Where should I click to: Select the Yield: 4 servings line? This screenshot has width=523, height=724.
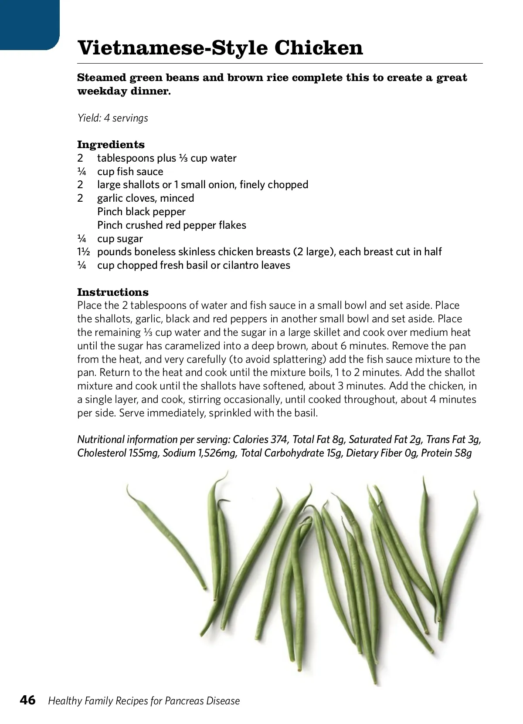pos(113,118)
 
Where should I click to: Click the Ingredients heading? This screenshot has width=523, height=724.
pos(111,145)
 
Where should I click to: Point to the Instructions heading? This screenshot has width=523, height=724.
pos(113,292)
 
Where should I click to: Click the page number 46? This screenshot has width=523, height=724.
pos(28,700)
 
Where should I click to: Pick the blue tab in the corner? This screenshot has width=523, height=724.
pos(29,24)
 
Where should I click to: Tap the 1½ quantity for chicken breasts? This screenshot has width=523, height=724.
pos(83,252)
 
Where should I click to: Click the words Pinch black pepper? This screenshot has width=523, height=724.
pos(141,212)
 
